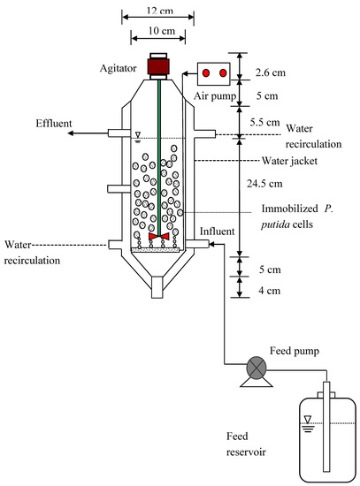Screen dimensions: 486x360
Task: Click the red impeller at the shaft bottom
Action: click(x=159, y=238)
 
